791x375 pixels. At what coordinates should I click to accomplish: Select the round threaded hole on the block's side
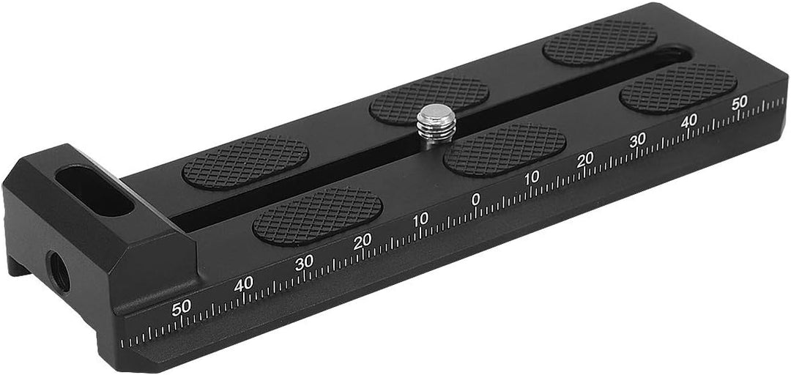pyautogui.click(x=58, y=272)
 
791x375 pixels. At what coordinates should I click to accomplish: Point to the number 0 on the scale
pyautogui.click(x=475, y=200)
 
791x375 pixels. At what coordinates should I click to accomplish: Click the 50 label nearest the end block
pyautogui.click(x=181, y=308)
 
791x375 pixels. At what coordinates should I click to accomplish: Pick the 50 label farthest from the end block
pyautogui.click(x=739, y=103)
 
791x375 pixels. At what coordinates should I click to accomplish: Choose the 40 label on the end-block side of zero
pyautogui.click(x=243, y=285)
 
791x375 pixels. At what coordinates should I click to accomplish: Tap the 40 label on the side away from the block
pyautogui.click(x=688, y=120)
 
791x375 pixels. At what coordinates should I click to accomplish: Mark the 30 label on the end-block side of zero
pyautogui.click(x=304, y=262)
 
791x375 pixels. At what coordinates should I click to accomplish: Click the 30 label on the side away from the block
pyautogui.click(x=638, y=141)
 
